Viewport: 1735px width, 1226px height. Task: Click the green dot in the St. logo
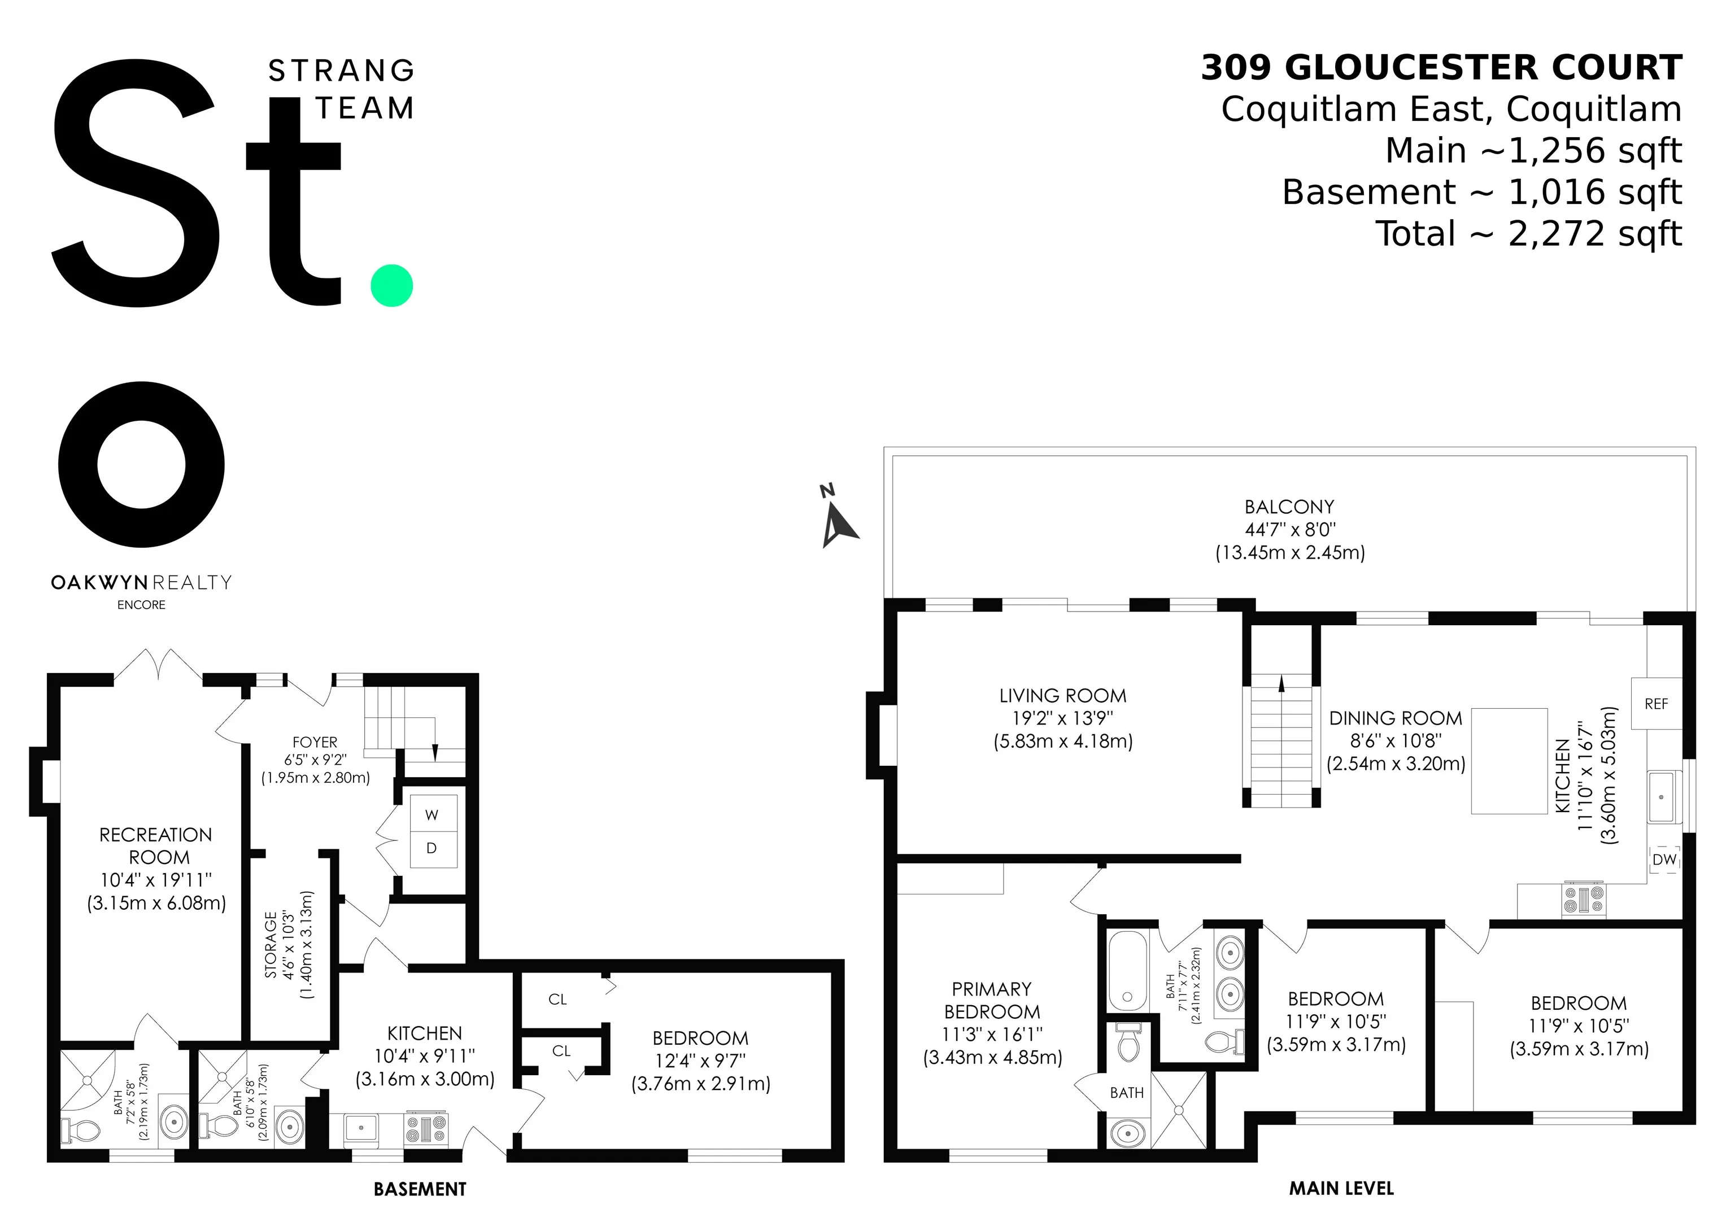392,286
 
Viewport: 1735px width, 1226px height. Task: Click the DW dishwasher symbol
1664,859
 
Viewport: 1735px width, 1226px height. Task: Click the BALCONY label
1289,507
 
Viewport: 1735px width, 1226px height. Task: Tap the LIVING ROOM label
1062,696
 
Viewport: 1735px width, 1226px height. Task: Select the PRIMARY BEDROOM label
991,1000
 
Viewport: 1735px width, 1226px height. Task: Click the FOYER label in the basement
315,743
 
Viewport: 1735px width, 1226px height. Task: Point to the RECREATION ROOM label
156,846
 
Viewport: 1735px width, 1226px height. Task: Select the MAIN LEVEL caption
1341,1188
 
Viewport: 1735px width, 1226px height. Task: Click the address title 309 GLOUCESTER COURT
1442,68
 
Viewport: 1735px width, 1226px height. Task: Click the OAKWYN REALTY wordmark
141,582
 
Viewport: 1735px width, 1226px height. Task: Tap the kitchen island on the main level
1509,761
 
